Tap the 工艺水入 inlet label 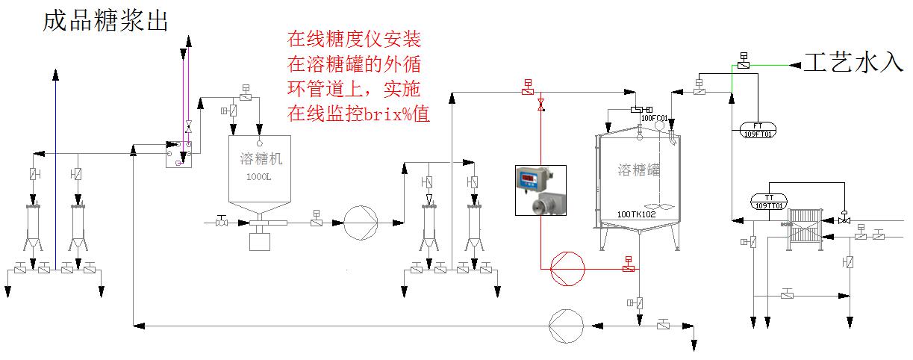click(x=853, y=62)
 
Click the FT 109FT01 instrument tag click(x=758, y=128)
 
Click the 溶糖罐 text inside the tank click(x=639, y=170)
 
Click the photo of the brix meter click(x=540, y=190)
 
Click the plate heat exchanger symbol click(x=805, y=223)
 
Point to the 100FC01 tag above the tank click(x=654, y=118)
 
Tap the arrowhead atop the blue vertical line click(x=55, y=74)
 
